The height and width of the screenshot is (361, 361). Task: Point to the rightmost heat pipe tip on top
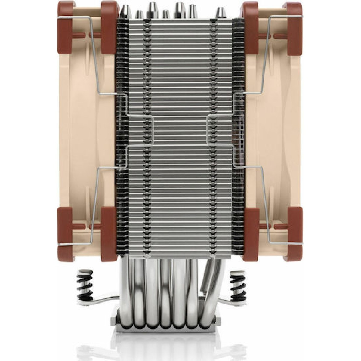point(219,12)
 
